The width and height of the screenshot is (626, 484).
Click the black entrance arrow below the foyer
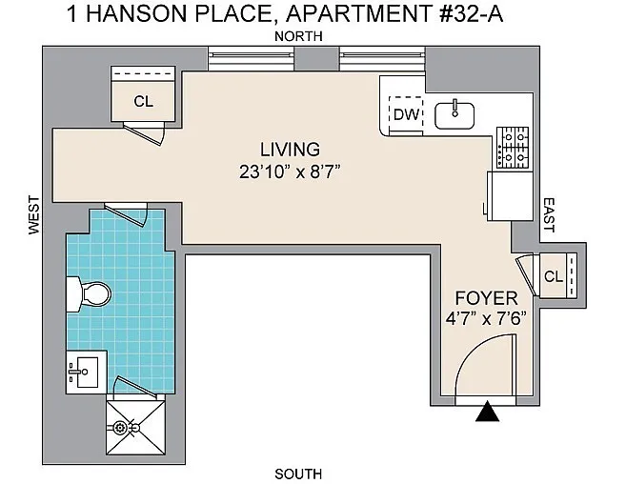[x=487, y=413]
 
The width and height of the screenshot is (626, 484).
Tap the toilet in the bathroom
[x=89, y=294]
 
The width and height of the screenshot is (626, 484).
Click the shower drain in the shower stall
[x=120, y=428]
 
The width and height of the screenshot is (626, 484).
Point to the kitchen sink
[x=454, y=116]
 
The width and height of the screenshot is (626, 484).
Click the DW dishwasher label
[x=406, y=115]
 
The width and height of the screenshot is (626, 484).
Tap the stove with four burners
[x=513, y=148]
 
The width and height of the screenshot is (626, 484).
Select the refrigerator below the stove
[x=510, y=195]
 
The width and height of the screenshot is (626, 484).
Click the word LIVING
[x=291, y=150]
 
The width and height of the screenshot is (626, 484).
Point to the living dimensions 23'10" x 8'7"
[x=290, y=172]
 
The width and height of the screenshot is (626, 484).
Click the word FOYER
[x=487, y=298]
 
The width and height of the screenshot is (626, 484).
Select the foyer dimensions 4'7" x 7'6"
[x=486, y=319]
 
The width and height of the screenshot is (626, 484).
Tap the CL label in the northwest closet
[x=143, y=101]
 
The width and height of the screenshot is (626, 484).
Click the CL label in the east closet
[x=554, y=276]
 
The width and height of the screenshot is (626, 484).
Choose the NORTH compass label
[x=298, y=36]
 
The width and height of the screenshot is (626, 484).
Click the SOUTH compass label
[x=298, y=474]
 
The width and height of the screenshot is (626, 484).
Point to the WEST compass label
[x=34, y=214]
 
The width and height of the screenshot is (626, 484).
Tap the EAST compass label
[x=550, y=215]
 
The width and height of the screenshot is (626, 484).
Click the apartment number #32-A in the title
[x=471, y=14]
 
